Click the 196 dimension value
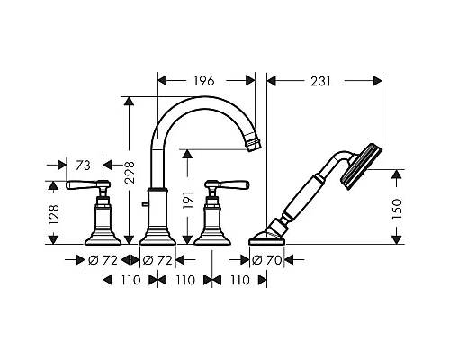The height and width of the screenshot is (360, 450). pyautogui.click(x=203, y=81)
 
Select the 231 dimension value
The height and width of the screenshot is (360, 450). pyautogui.click(x=320, y=81)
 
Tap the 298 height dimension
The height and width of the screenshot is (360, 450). pyautogui.click(x=130, y=173)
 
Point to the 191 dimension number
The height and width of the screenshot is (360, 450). pyautogui.click(x=187, y=200)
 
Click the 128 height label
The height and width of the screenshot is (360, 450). pyautogui.click(x=54, y=215)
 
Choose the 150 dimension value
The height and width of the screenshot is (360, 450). pyautogui.click(x=397, y=209)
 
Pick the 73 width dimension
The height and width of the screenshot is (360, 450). pyautogui.click(x=83, y=166)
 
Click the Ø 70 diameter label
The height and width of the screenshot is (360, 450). pyautogui.click(x=266, y=260)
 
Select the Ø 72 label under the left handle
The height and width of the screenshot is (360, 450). pyautogui.click(x=103, y=260)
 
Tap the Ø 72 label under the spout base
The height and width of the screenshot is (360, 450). pyautogui.click(x=157, y=260)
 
